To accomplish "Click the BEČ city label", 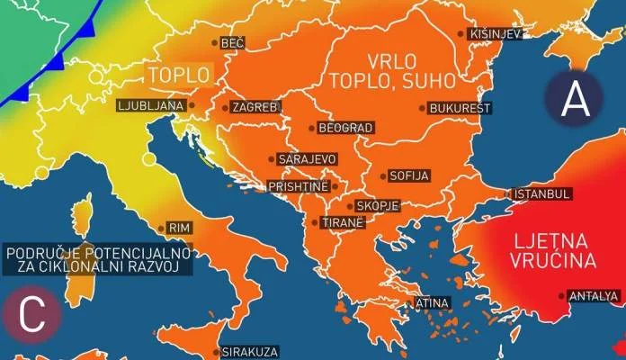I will (232, 42).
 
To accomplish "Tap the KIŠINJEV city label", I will (496, 34).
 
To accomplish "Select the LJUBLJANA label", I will (151, 105).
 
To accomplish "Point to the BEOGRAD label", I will (346, 129).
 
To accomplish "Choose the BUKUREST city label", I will (461, 108).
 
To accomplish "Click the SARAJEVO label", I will (308, 159).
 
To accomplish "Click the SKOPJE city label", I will (377, 206).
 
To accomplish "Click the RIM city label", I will (180, 229).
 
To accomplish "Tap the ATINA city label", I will (432, 303).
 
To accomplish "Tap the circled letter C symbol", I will (32, 315).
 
